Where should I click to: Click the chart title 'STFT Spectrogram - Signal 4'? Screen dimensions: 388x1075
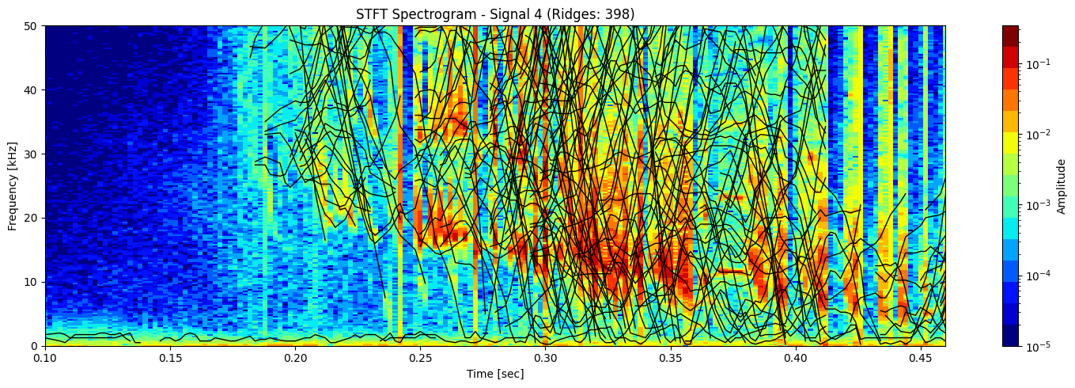click(495, 13)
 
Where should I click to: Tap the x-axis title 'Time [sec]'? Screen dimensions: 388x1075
click(495, 374)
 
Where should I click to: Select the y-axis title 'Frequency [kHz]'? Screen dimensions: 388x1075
click(12, 185)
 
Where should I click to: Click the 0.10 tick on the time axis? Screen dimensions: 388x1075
click(45, 358)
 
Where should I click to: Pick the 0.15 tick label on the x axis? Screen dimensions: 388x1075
click(170, 358)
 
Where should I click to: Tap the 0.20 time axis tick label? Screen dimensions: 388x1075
click(295, 358)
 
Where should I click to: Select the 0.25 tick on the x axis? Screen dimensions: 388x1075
click(420, 358)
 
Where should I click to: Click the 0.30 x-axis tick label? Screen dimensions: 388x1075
click(545, 358)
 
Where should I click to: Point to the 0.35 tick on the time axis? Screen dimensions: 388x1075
click(670, 358)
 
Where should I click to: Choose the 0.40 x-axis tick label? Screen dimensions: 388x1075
click(795, 358)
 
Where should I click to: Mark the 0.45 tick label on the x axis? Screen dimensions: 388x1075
click(920, 358)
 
